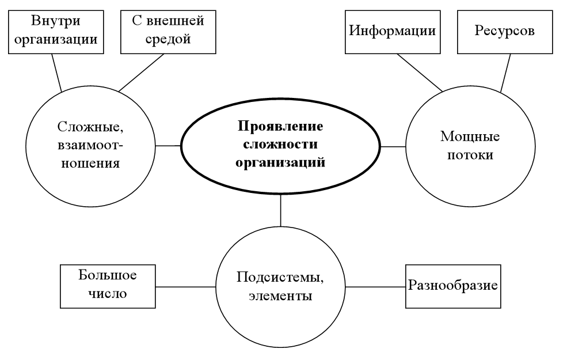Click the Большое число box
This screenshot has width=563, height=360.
click(108, 286)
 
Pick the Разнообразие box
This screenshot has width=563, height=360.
click(453, 286)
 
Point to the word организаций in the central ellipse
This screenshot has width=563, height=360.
click(281, 162)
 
